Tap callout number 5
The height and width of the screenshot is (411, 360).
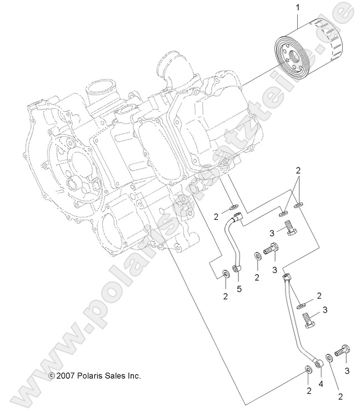tap(239, 289)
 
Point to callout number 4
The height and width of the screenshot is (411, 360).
tap(320, 384)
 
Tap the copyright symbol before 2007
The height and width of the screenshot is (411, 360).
tap(51, 377)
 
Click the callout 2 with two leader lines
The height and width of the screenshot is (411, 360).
tap(298, 170)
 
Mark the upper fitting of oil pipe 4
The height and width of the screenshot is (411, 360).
tap(287, 276)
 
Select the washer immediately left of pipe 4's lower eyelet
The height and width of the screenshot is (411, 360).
tap(308, 370)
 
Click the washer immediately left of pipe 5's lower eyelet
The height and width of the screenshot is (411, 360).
tap(225, 273)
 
